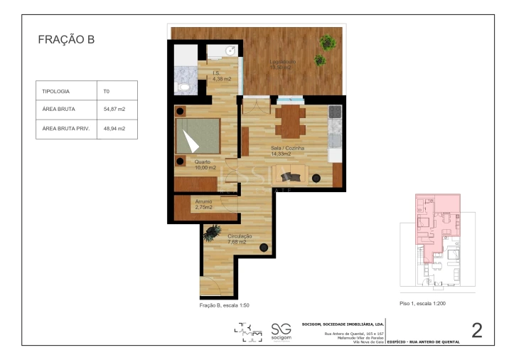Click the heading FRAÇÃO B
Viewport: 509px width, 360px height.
click(x=66, y=41)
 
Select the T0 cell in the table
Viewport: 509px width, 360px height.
click(x=106, y=92)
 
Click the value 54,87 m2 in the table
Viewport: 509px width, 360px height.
click(x=114, y=110)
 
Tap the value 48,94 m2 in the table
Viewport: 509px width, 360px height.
click(x=114, y=129)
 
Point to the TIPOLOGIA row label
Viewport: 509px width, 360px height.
click(x=56, y=92)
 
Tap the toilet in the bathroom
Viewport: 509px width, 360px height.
click(x=183, y=87)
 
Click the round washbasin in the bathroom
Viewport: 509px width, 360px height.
click(x=230, y=51)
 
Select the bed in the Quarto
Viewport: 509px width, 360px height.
click(x=198, y=135)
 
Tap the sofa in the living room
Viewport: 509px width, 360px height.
click(x=291, y=175)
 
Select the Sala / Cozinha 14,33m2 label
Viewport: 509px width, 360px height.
click(x=287, y=151)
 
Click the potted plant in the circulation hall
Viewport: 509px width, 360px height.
click(x=212, y=231)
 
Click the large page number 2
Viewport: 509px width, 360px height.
click(x=477, y=329)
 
